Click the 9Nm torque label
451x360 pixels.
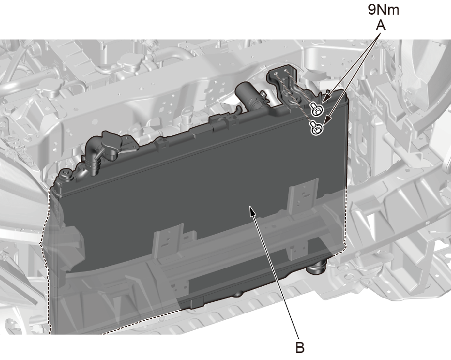click(x=384, y=10)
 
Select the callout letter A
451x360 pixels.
click(x=381, y=26)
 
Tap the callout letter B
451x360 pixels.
click(x=300, y=347)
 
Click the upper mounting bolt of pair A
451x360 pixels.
click(x=317, y=109)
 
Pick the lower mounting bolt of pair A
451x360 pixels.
click(x=316, y=128)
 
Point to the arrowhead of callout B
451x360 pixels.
click(x=252, y=211)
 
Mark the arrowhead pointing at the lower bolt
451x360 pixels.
click(x=327, y=121)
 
